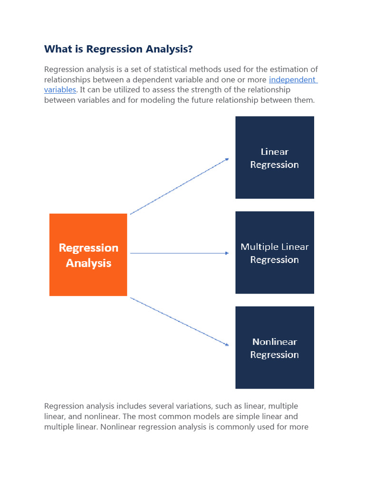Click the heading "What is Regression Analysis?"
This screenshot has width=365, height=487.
[118, 49]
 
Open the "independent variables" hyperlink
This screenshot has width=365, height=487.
[293, 80]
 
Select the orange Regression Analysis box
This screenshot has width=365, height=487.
[88, 255]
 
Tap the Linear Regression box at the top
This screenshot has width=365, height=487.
[275, 157]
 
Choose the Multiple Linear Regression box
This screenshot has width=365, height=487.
[275, 253]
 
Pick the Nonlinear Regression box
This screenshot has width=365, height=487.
[275, 348]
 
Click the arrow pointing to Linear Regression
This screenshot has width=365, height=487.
[180, 186]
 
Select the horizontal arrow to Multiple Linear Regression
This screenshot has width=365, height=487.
[180, 253]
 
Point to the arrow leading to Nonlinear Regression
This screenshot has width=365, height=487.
[180, 321]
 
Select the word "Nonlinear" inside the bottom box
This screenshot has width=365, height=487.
[275, 342]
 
